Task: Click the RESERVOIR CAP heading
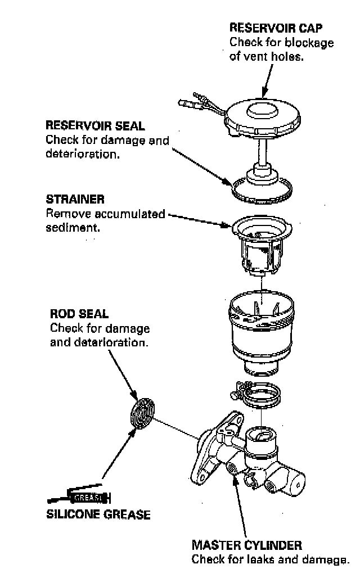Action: click(x=276, y=28)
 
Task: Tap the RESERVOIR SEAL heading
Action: click(x=94, y=125)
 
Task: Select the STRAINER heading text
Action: click(x=75, y=200)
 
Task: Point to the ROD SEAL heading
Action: click(x=79, y=314)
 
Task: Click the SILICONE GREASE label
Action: click(x=98, y=514)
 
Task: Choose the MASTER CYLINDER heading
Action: click(x=246, y=545)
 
